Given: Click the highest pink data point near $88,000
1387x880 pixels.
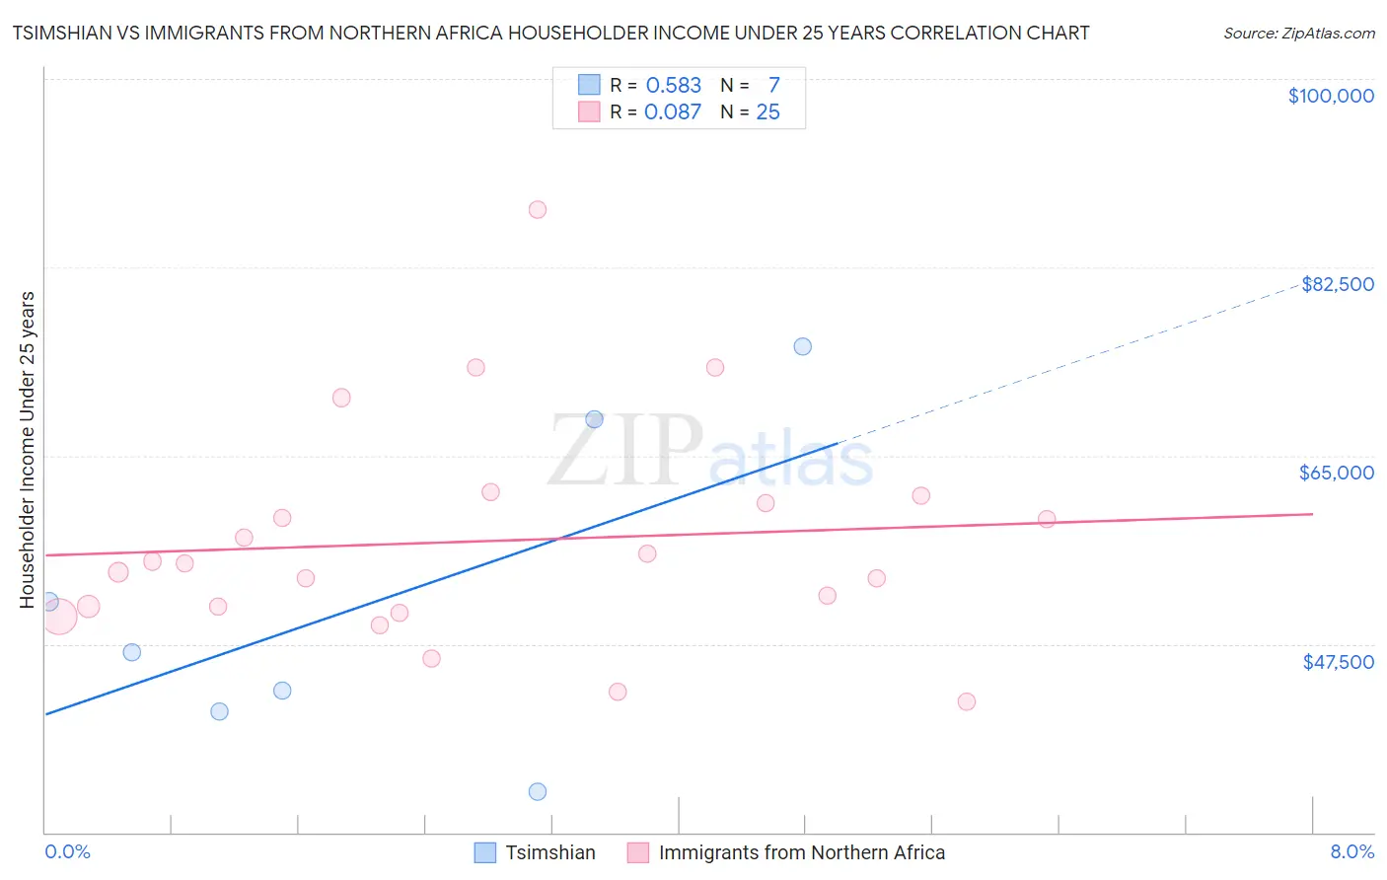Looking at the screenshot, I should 538,209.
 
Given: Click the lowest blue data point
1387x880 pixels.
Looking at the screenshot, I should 538,791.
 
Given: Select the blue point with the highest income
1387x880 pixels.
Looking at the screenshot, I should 803,346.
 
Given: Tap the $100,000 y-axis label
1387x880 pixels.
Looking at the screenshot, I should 1331,96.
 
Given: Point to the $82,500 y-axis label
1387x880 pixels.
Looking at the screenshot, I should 1337,284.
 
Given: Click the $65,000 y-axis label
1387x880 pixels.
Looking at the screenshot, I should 1336,473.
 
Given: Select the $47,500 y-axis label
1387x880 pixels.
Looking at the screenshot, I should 1338,662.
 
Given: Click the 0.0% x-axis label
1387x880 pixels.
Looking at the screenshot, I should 67,852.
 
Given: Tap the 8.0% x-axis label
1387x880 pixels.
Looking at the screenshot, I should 1351,852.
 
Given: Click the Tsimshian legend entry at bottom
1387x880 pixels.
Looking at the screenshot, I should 549,852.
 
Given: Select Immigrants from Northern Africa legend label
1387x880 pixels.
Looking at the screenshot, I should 801,852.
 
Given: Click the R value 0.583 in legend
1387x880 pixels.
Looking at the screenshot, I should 673,86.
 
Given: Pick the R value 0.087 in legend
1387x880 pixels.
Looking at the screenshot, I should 672,112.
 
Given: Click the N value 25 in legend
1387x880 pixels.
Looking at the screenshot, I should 767,112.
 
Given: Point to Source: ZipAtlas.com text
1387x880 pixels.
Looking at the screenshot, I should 1298,34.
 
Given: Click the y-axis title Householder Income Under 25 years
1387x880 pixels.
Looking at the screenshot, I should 28,449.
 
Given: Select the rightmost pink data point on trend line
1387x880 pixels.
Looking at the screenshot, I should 1047,519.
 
